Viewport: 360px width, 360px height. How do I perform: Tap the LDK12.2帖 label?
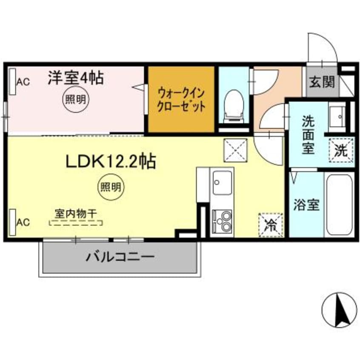[x=110, y=161]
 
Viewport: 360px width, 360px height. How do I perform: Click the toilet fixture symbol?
[x=232, y=104]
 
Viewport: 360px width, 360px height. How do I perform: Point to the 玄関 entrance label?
[x=321, y=81]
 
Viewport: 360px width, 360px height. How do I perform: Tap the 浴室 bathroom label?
[x=306, y=205]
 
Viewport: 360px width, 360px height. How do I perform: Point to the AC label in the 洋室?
[x=23, y=82]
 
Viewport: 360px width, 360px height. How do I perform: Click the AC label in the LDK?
[x=23, y=222]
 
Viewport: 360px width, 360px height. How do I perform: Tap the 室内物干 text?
[x=76, y=212]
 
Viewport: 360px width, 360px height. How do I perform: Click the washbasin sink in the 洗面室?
[x=339, y=115]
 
